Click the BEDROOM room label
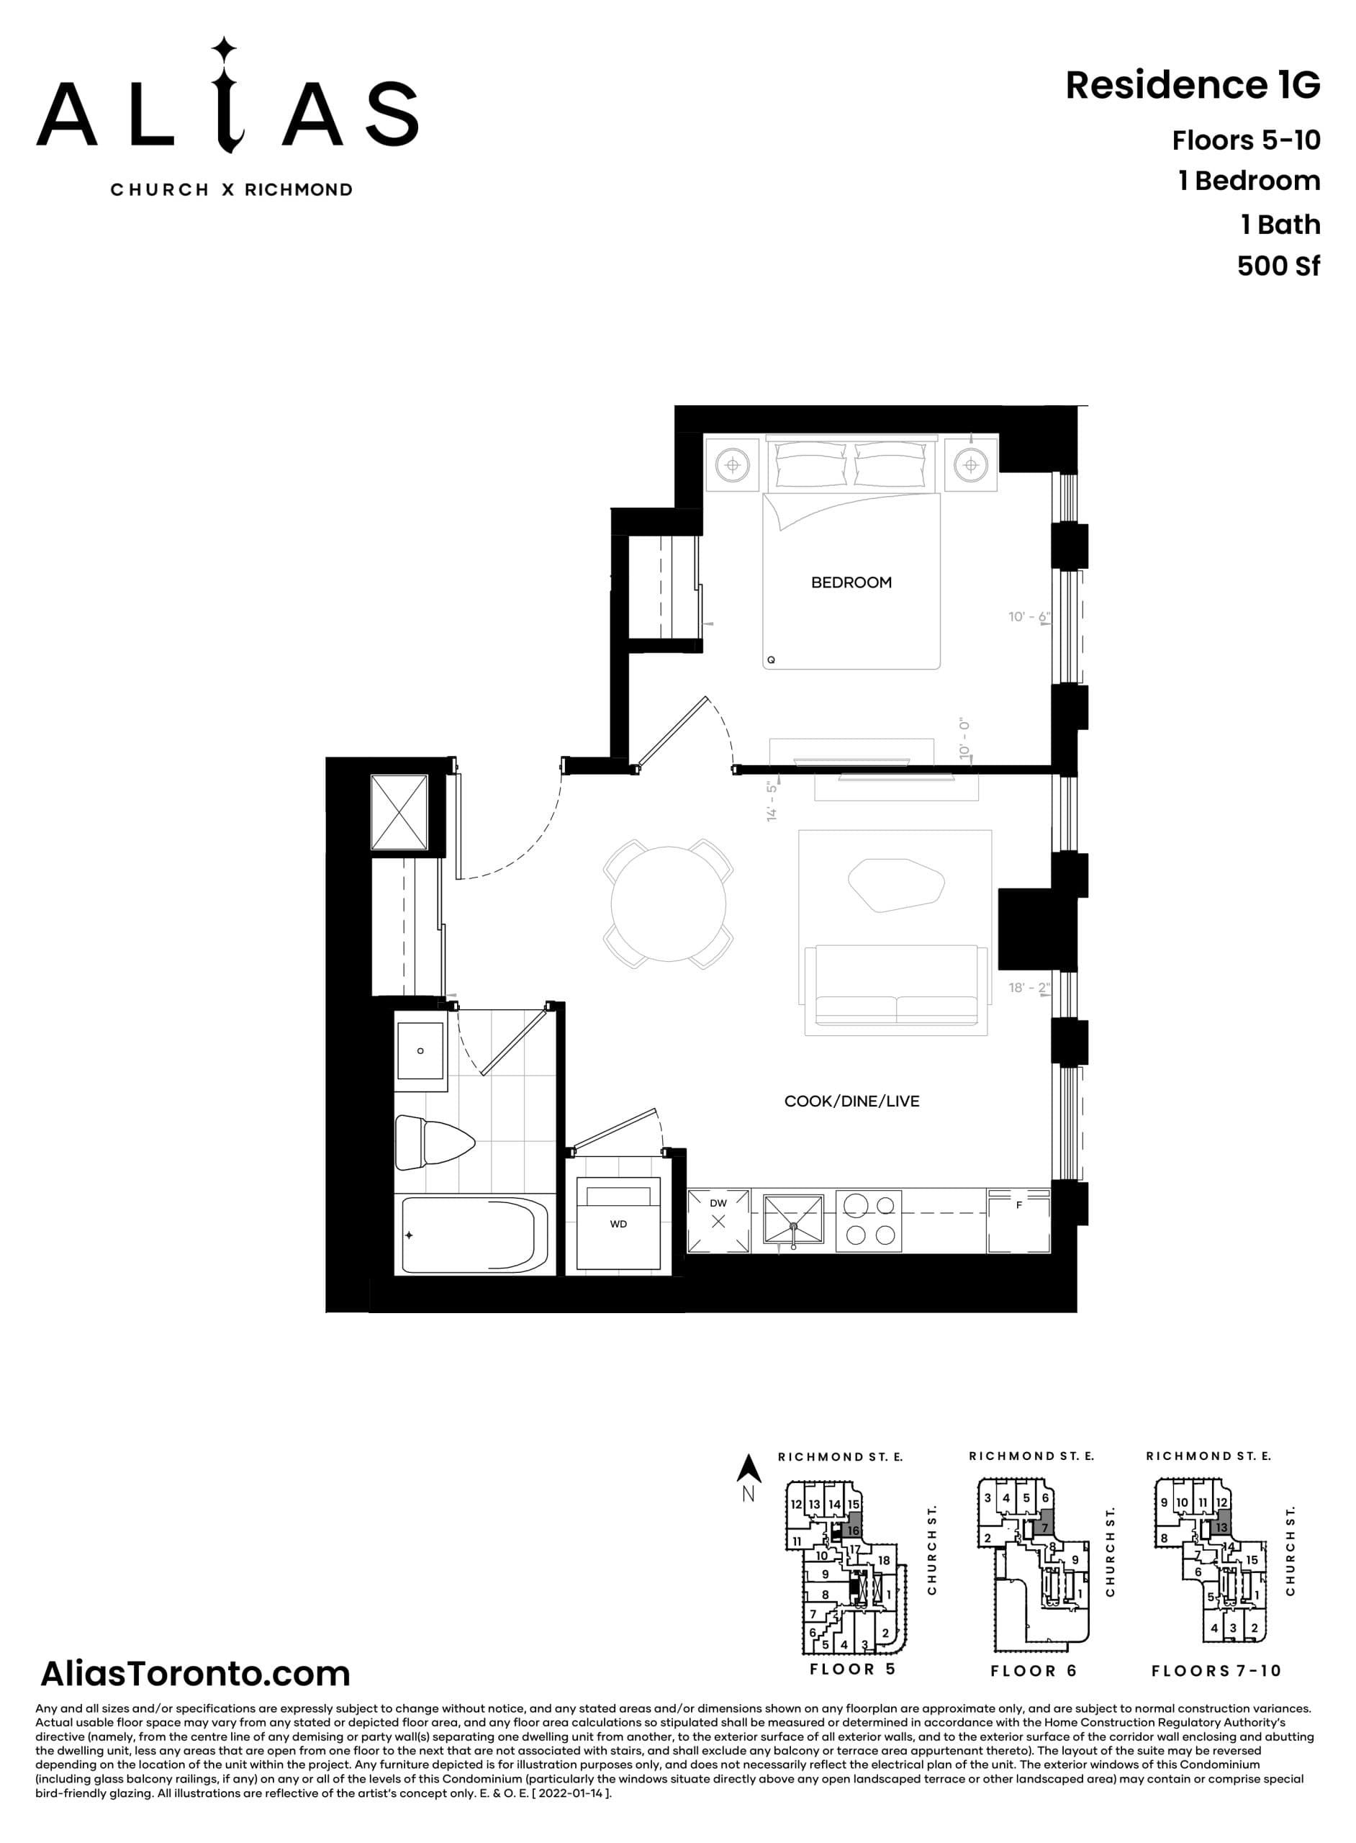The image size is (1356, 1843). (x=851, y=583)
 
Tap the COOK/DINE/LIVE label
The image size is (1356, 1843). (x=851, y=1101)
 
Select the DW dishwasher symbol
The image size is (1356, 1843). (x=718, y=1221)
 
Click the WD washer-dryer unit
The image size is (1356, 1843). (x=618, y=1224)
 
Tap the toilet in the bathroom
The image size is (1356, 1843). (x=433, y=1142)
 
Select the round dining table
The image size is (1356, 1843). (x=668, y=904)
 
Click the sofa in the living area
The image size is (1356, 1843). (x=895, y=989)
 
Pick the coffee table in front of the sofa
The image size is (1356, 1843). (x=895, y=885)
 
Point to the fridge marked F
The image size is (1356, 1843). (x=1018, y=1221)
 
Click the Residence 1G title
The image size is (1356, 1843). (x=1193, y=86)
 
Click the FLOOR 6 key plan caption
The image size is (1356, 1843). (x=1033, y=1672)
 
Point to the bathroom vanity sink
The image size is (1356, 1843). (x=420, y=1052)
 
